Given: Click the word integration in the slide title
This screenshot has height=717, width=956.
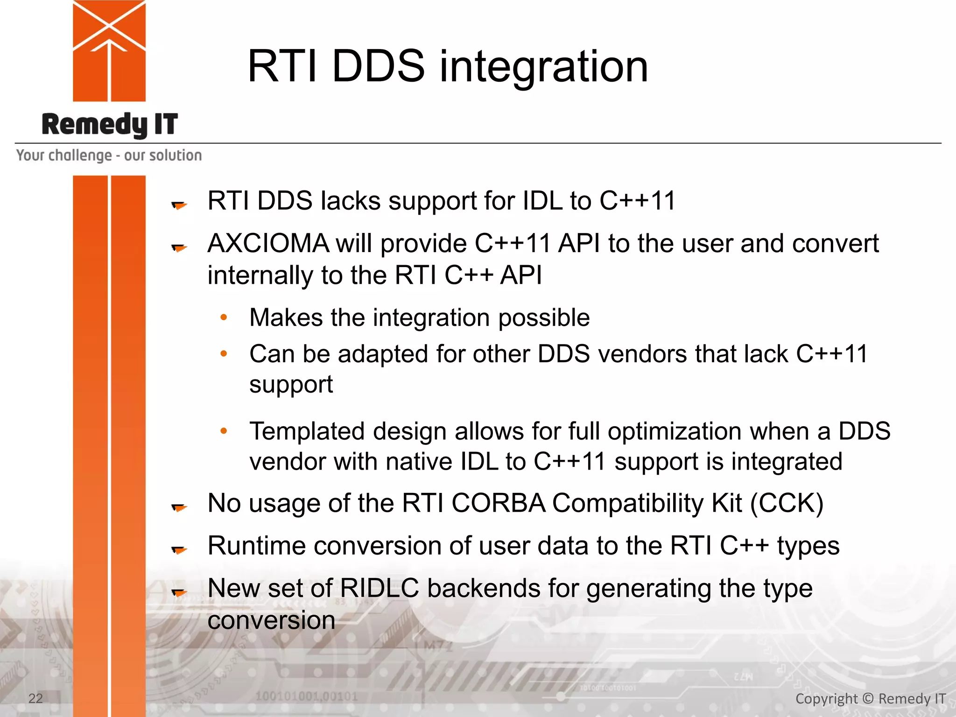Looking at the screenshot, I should pyautogui.click(x=543, y=68).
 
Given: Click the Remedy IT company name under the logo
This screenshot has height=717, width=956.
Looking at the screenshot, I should pyautogui.click(x=110, y=125).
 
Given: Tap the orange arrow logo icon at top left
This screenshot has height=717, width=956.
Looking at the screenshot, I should pyautogui.click(x=109, y=50).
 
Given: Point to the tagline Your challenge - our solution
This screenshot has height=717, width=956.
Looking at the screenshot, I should pyautogui.click(x=109, y=155).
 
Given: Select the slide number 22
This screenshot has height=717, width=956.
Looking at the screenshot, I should pyautogui.click(x=35, y=698).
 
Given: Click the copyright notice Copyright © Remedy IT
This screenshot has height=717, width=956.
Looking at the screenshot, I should pyautogui.click(x=870, y=699).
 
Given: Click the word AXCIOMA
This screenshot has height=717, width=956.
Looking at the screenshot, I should pyautogui.click(x=268, y=244).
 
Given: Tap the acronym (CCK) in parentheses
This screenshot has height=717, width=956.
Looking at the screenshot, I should pyautogui.click(x=787, y=503).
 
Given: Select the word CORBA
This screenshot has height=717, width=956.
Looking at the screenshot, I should pyautogui.click(x=498, y=503).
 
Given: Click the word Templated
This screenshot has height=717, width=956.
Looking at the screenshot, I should pyautogui.click(x=307, y=431).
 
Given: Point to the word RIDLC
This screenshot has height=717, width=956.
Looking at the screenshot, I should pyautogui.click(x=379, y=588).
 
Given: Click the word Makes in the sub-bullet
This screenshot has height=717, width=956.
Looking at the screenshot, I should pyautogui.click(x=286, y=318).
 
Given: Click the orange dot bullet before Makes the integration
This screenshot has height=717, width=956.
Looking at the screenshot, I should pyautogui.click(x=224, y=317).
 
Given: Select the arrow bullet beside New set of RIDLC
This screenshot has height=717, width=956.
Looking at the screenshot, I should pyautogui.click(x=179, y=592).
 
